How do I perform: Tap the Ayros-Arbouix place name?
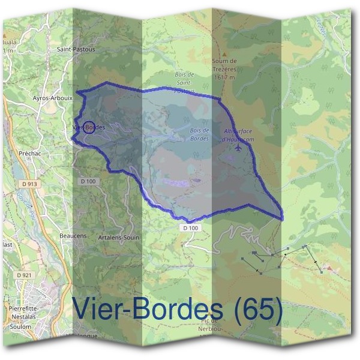tap(53, 97)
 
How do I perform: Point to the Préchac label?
tap(29, 153)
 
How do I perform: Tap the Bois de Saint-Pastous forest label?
tap(184, 83)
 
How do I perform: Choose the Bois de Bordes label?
tap(199, 133)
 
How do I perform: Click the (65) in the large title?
tap(258, 309)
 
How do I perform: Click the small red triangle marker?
tap(328, 266)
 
